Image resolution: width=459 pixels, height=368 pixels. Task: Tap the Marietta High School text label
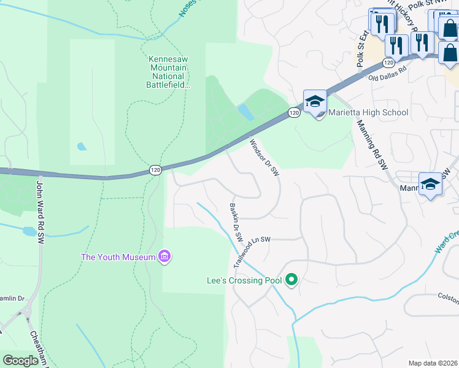(x=368, y=112)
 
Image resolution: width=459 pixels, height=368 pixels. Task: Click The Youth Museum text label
(x=118, y=257)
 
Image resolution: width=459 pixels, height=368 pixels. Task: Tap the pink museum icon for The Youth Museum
(x=164, y=256)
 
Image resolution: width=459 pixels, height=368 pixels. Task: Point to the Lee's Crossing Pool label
(x=244, y=281)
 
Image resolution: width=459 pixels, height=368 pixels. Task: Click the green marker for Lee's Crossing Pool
(x=292, y=281)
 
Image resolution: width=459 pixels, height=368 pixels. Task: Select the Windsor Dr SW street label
(x=264, y=158)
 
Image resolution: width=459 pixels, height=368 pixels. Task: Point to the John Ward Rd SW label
(x=40, y=202)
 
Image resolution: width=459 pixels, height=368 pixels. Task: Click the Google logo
(x=20, y=361)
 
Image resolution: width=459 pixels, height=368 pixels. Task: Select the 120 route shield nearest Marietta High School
(x=294, y=113)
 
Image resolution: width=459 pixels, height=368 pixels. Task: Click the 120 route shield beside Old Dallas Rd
(x=388, y=63)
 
